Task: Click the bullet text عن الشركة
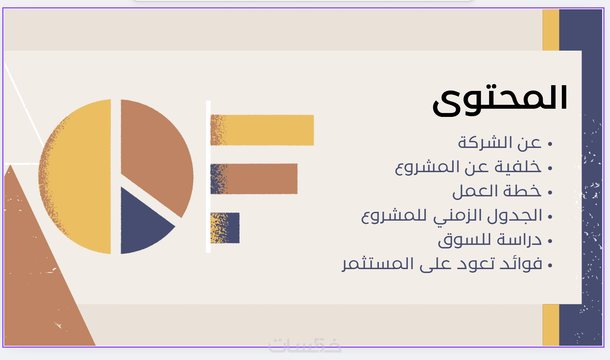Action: pos(499,143)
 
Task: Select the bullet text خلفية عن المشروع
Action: pos(468,167)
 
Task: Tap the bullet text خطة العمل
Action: pos(497,191)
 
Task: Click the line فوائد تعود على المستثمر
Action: pos(442,264)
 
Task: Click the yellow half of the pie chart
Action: pos(75,176)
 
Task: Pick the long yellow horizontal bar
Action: pos(262,130)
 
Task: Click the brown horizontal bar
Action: pos(254,179)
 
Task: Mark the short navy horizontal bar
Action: pos(225,228)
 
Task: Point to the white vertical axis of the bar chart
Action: pos(208,177)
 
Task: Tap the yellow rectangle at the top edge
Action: pos(551,30)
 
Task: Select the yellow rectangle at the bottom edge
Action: pos(551,325)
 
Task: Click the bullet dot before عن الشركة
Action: pos(550,144)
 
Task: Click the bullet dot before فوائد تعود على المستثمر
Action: pos(550,265)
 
